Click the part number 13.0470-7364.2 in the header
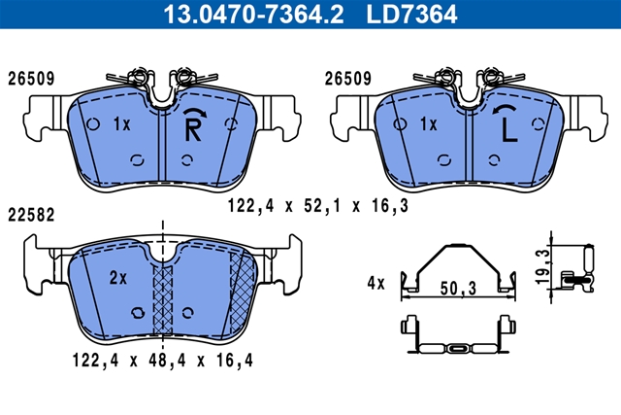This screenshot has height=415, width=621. click(253, 14)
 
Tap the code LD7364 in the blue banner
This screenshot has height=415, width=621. click(411, 14)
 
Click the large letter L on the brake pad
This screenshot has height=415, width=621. click(509, 129)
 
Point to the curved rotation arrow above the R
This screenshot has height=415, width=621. click(195, 111)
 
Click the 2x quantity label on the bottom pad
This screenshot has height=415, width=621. click(118, 278)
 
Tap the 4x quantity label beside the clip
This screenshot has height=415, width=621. click(376, 283)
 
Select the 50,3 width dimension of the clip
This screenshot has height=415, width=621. click(458, 289)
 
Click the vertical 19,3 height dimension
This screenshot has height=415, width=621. click(543, 266)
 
